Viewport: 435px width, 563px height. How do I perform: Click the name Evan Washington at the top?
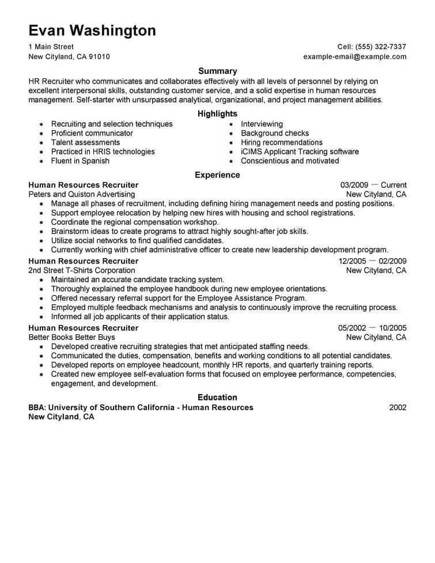click(92, 31)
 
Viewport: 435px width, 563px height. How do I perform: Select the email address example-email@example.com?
click(355, 57)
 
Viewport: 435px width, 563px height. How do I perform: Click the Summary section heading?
click(217, 71)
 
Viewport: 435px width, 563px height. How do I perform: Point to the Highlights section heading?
click(217, 114)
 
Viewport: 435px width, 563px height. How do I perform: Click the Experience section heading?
click(217, 175)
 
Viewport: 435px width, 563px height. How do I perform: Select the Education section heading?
click(217, 397)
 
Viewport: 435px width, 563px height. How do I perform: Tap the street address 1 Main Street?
click(51, 47)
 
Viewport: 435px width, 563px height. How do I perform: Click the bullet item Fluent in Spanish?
click(80, 161)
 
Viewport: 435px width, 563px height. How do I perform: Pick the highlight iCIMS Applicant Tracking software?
click(300, 152)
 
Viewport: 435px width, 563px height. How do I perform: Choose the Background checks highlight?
click(275, 133)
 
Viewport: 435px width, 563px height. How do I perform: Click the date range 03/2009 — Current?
click(373, 185)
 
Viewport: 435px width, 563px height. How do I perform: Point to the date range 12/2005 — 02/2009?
click(372, 261)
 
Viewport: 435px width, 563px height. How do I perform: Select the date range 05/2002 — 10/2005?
click(372, 328)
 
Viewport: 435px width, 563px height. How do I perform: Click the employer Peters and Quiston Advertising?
click(82, 194)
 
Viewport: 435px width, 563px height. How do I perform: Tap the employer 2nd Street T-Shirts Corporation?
click(82, 270)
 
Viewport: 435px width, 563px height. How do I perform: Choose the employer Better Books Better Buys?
click(72, 337)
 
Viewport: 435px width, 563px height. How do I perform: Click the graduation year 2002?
click(398, 407)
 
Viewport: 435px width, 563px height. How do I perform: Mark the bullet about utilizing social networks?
click(137, 240)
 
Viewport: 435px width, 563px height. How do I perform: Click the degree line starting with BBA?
click(141, 407)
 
